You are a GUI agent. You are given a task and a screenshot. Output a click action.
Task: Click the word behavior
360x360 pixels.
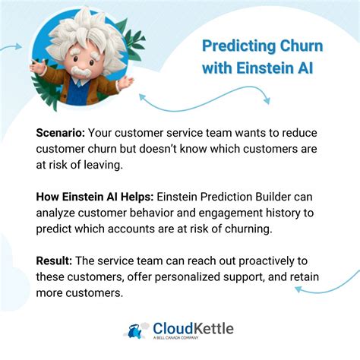coord(170,213)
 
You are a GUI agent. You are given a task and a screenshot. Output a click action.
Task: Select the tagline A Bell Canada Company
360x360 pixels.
coord(181,339)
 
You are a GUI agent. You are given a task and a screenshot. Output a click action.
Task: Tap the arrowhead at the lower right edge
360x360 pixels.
coord(299,289)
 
